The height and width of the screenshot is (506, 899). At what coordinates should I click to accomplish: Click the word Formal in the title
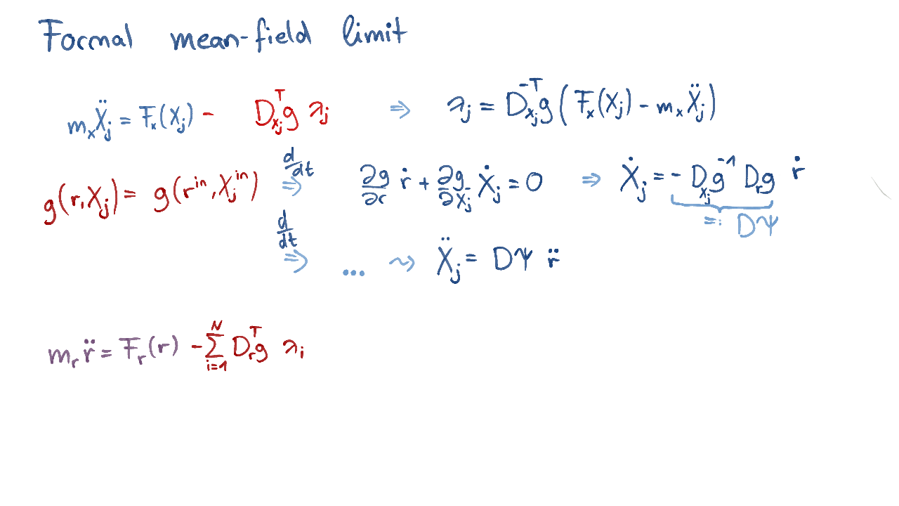point(86,35)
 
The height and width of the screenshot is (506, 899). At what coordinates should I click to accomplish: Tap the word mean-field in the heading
point(241,35)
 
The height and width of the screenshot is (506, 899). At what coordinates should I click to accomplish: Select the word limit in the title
point(375,32)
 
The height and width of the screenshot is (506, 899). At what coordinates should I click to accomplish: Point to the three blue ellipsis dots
point(353,273)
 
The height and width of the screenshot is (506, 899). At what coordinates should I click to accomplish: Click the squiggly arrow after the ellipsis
point(402,263)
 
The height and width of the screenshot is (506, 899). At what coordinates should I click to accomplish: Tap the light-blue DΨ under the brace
point(758,226)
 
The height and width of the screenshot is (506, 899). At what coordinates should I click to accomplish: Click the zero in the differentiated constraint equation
point(534,183)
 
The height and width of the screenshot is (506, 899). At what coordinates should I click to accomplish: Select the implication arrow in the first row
point(400,110)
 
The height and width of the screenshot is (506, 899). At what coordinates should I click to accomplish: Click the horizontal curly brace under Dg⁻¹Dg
point(721,203)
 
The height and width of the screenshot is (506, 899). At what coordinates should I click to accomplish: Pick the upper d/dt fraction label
point(298,162)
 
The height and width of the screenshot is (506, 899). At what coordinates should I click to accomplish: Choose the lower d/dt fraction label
point(287,229)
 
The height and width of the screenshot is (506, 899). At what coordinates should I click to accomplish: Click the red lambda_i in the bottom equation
point(294,349)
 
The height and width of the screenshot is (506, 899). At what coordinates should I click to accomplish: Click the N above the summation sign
point(217,325)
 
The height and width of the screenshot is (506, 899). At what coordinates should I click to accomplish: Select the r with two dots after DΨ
point(553,258)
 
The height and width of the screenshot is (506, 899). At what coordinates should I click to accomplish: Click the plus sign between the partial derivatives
point(424,183)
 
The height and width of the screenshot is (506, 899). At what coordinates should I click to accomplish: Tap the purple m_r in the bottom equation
point(63,356)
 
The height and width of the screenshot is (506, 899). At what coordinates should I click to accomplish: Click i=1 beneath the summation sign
point(216,366)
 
